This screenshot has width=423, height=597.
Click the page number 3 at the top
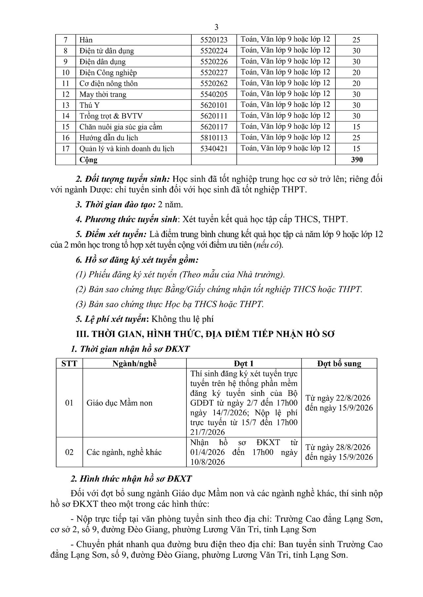point(216,27)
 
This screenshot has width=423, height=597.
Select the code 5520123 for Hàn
point(214,40)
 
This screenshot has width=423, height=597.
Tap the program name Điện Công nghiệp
point(108,73)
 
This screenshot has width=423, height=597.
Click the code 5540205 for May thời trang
point(214,94)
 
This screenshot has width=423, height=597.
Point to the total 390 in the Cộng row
point(356,160)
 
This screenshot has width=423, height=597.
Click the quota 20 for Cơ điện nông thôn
point(356,83)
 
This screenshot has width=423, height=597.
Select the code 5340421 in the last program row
point(214,149)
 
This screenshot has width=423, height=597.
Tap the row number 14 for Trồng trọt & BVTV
point(66,116)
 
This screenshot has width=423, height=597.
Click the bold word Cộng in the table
point(89,160)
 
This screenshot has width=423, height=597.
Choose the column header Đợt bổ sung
point(339,364)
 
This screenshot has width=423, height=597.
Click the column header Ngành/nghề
point(134,364)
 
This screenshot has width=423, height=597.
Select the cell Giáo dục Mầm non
point(119,403)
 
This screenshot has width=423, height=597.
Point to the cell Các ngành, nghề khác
point(124,452)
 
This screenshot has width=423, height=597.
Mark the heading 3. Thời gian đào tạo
point(115,204)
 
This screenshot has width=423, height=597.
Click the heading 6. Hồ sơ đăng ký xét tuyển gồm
point(137,260)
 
